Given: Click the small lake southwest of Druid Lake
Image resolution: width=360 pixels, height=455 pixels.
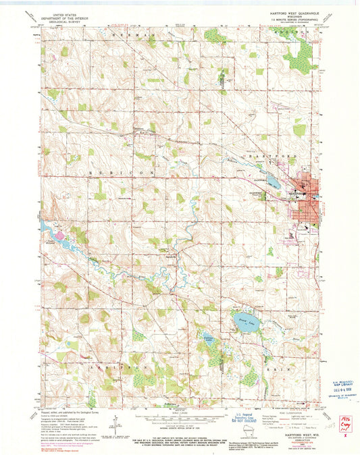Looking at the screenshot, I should point(208,338).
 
